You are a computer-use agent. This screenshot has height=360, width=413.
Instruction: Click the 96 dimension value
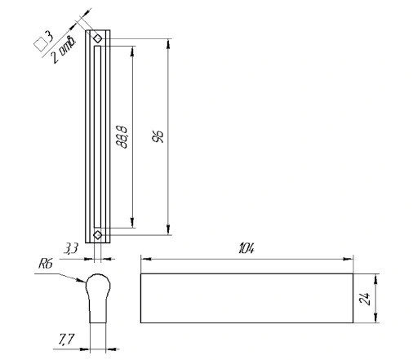tap(158, 136)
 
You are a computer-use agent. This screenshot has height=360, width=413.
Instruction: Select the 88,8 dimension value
tap(122, 137)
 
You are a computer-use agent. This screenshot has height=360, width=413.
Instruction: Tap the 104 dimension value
tap(246, 249)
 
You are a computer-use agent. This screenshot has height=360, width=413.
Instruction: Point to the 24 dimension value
tap(365, 299)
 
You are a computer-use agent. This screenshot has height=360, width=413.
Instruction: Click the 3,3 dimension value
tap(71, 248)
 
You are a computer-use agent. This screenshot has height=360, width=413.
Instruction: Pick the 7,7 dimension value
tap(66, 340)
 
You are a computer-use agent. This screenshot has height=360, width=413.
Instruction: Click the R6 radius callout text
tap(45, 264)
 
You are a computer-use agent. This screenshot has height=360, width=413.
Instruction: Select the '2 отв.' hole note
tap(64, 49)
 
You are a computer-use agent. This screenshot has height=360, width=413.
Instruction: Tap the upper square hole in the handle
tap(98, 38)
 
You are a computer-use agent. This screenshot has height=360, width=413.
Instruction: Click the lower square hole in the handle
tap(98, 234)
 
